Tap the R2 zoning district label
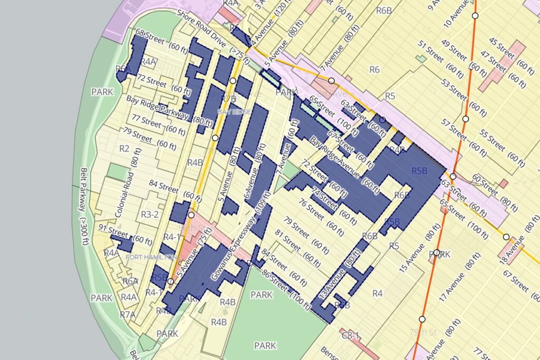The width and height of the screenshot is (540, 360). pyautogui.click(x=124, y=149)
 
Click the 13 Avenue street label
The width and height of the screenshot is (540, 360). pyautogui.click(x=342, y=277)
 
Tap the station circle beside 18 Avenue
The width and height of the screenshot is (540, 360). pyautogui.click(x=506, y=237)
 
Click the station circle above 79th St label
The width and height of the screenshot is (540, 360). pyautogui.click(x=422, y=319)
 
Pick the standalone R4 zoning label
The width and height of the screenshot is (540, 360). pyautogui.click(x=377, y=293)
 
